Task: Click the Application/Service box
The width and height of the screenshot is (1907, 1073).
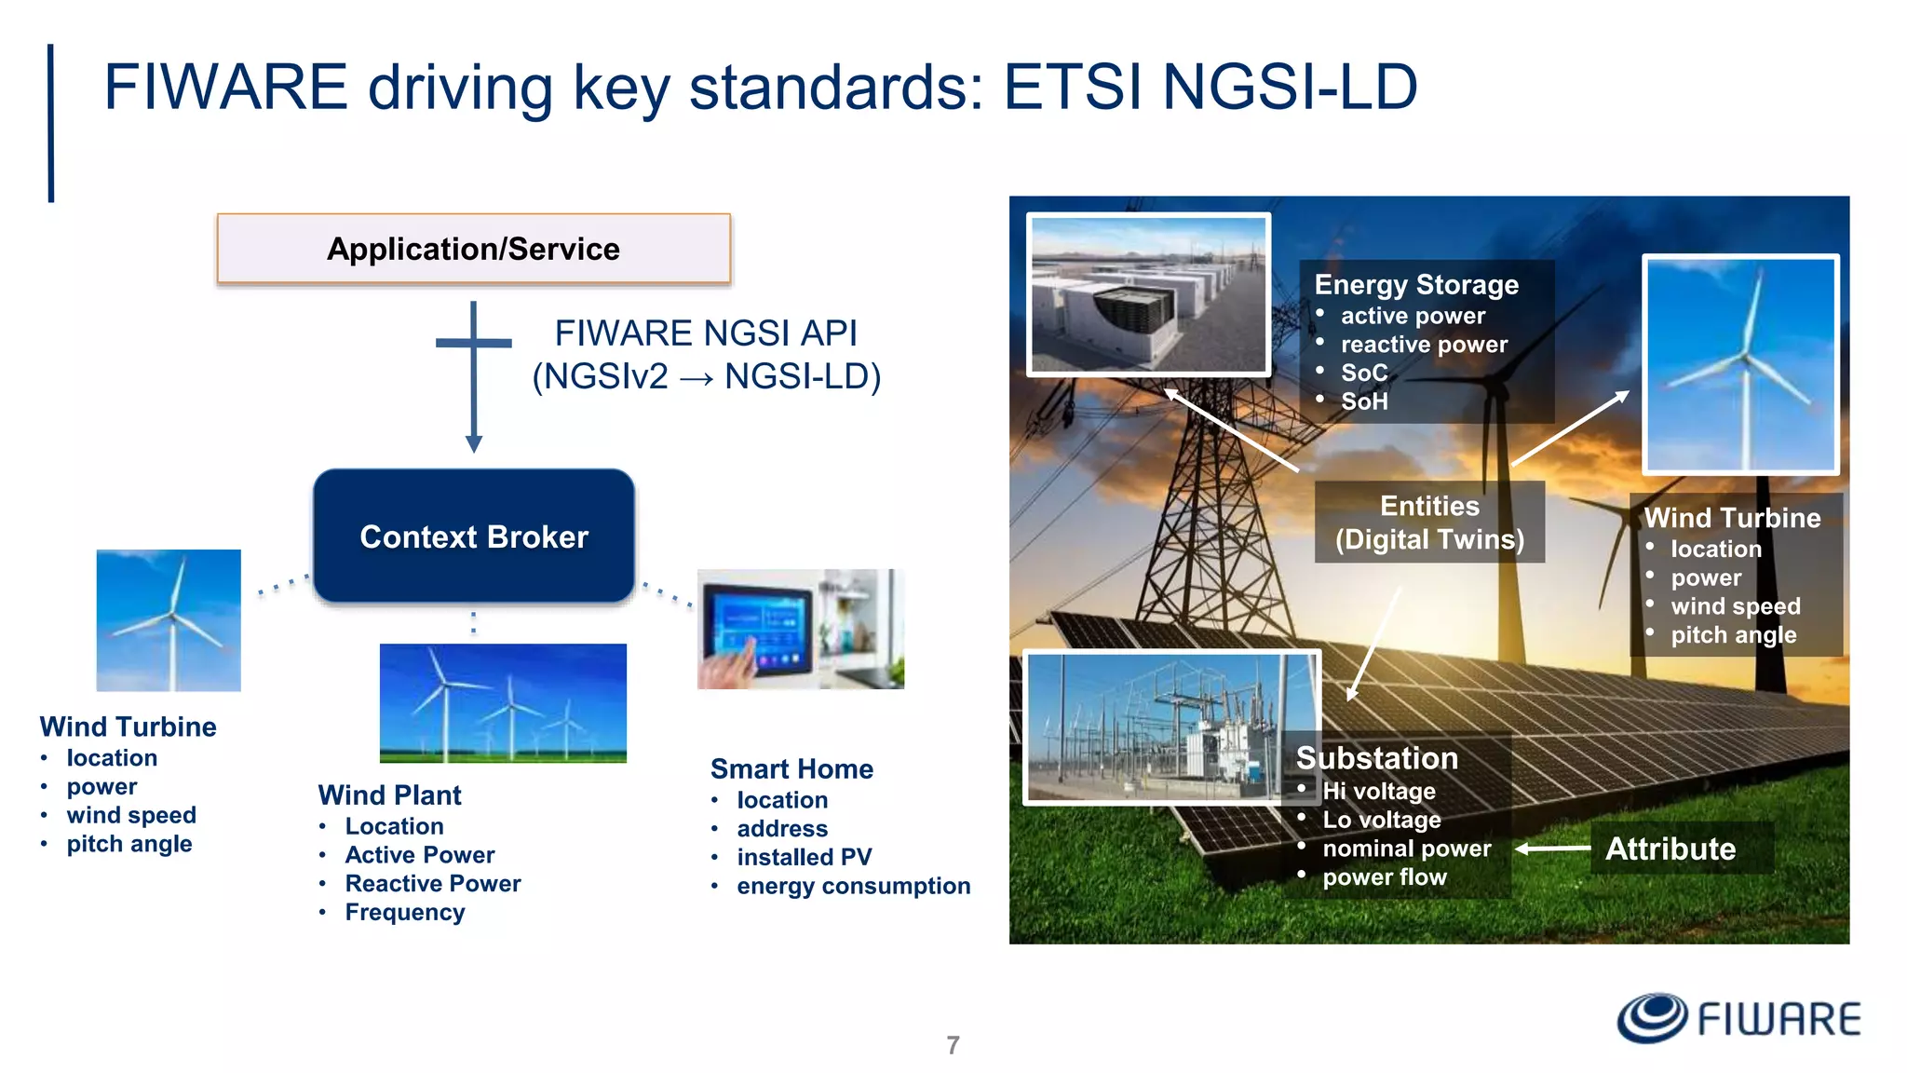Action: tap(473, 249)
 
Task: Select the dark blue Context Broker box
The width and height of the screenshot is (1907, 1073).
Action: tap(474, 536)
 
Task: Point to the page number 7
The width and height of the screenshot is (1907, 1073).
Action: tap(953, 1045)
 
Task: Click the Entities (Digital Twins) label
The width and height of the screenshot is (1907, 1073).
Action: tap(1429, 523)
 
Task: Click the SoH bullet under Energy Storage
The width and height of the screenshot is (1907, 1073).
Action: tap(1363, 401)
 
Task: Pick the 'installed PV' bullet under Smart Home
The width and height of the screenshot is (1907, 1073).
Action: tap(804, 857)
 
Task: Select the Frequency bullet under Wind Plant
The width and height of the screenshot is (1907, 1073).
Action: tap(404, 912)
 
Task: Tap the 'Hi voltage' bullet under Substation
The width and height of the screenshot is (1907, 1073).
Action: tap(1378, 791)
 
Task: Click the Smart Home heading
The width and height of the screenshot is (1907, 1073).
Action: tap(791, 769)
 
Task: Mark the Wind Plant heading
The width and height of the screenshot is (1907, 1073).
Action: tap(389, 795)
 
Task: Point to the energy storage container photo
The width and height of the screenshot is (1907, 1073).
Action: tap(1148, 294)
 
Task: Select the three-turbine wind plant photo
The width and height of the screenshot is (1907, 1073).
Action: tap(503, 703)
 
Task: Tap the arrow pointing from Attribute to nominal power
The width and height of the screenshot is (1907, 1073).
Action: tap(1553, 849)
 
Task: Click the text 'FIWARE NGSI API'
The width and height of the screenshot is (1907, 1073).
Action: tap(705, 333)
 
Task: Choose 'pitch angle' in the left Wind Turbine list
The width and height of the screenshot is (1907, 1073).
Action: tap(128, 844)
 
